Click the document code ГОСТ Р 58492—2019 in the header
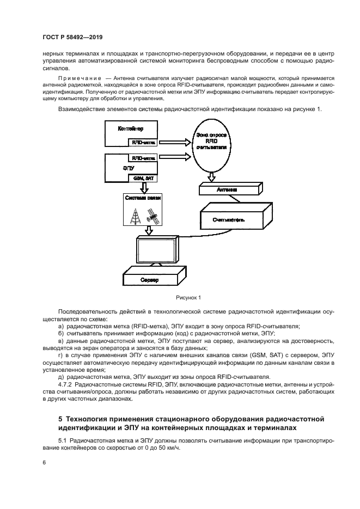tap(72, 37)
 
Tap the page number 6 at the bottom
tap(44, 462)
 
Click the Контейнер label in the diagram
tap(131, 129)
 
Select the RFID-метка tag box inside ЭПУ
tap(142, 158)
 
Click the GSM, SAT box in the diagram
tap(143, 178)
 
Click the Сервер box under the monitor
tap(149, 279)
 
